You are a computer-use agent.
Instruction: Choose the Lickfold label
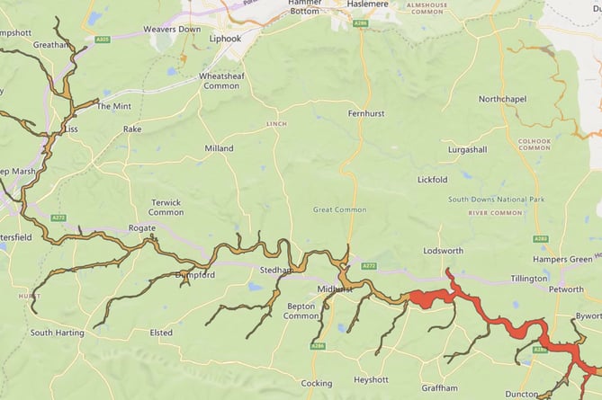pyautogui.click(x=432, y=180)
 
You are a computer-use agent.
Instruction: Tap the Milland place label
pyautogui.click(x=219, y=148)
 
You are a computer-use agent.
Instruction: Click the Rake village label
pyautogui.click(x=132, y=129)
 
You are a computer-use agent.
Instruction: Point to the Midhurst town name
pyautogui.click(x=335, y=289)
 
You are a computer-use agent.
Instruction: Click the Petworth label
pyautogui.click(x=567, y=290)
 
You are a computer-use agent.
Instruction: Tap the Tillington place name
pyautogui.click(x=529, y=279)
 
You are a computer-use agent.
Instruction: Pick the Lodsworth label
pyautogui.click(x=443, y=251)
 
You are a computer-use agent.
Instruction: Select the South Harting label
pyautogui.click(x=57, y=333)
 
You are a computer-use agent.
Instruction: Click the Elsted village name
pyautogui.click(x=161, y=333)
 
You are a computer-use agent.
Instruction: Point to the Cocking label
pyautogui.click(x=316, y=384)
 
